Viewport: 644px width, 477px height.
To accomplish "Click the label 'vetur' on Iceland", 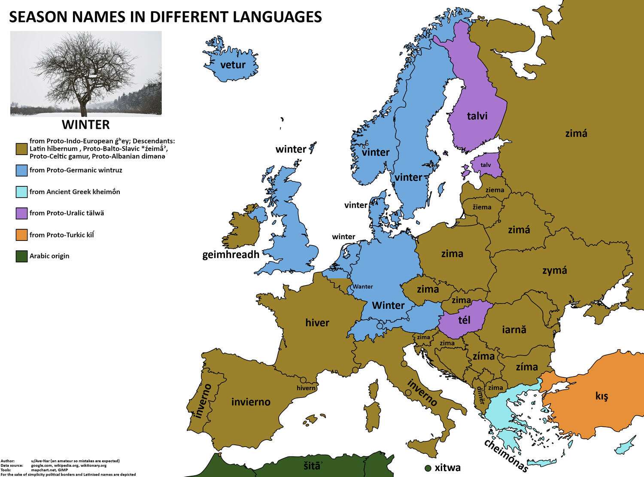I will pyautogui.click(x=232, y=65).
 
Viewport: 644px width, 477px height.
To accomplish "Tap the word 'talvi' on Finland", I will pyautogui.click(x=477, y=116).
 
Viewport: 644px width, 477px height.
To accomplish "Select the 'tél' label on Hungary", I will pyautogui.click(x=464, y=320).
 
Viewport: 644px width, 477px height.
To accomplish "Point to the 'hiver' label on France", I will pyautogui.click(x=317, y=323).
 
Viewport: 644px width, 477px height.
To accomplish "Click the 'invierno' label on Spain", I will pyautogui.click(x=251, y=402).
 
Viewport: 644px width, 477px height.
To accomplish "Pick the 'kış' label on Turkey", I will pyautogui.click(x=601, y=395).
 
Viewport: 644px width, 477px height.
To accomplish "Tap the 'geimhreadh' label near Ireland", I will pyautogui.click(x=231, y=255).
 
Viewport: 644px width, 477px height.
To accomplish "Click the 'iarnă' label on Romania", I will pyautogui.click(x=514, y=330).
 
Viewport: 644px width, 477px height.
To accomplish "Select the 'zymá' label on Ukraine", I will pyautogui.click(x=554, y=270).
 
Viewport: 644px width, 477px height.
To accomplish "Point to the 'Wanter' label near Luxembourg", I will pyautogui.click(x=363, y=287).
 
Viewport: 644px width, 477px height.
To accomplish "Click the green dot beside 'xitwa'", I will pyautogui.click(x=428, y=468).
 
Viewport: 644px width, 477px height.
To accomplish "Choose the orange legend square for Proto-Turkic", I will pyautogui.click(x=22, y=235).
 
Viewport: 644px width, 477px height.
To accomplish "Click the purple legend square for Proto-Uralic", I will pyautogui.click(x=22, y=213).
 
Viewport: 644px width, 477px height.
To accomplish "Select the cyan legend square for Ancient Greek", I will pyautogui.click(x=22, y=192).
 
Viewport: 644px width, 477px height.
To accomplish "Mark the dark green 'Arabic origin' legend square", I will pyautogui.click(x=22, y=256).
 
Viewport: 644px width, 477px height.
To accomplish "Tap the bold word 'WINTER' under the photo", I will pyautogui.click(x=85, y=125).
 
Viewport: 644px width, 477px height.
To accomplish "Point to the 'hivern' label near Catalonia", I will pyautogui.click(x=306, y=388).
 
